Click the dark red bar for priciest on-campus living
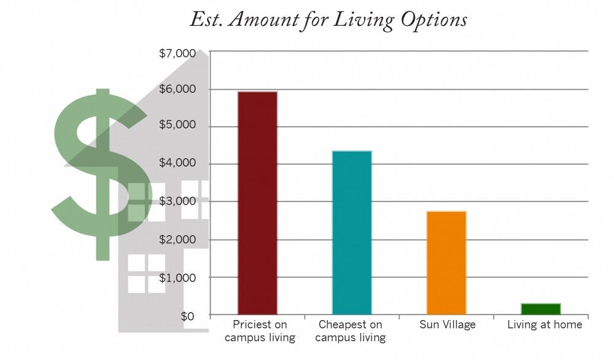[x=257, y=203]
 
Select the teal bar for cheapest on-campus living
[x=352, y=232]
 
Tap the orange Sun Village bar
[x=446, y=262]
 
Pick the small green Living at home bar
[x=541, y=308]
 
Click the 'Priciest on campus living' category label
[x=260, y=331]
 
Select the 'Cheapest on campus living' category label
[x=352, y=331]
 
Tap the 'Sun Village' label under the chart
[x=446, y=324]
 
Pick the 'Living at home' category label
[x=545, y=324]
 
